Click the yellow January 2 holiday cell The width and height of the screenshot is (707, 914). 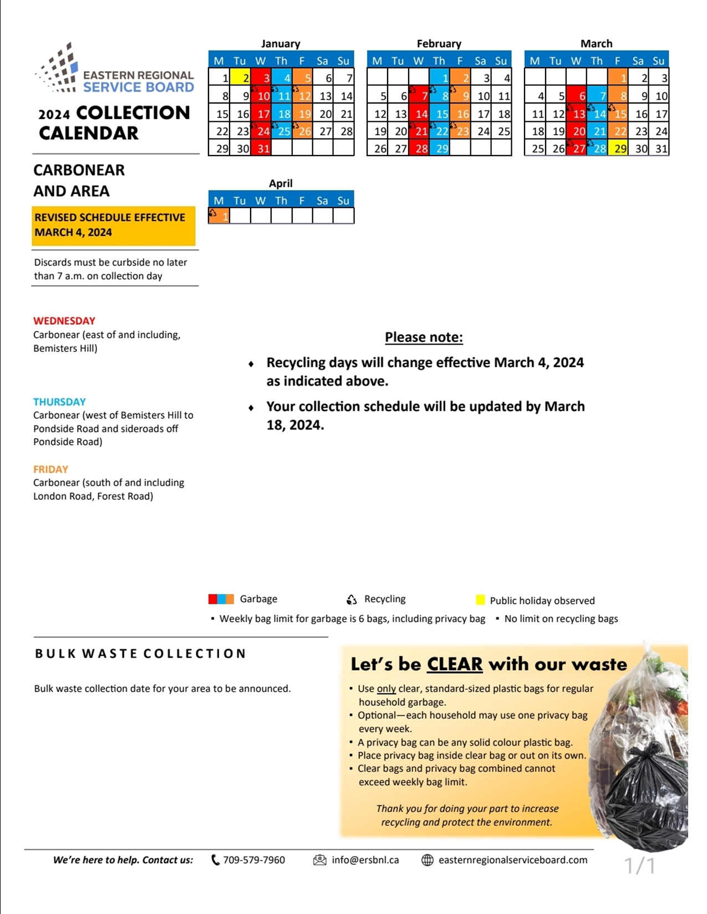pos(240,78)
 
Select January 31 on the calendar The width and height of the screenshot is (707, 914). pos(261,148)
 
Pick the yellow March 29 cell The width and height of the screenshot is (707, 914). pos(618,148)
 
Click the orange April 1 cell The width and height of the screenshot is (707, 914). pos(219,216)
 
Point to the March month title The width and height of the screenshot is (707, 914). pos(596,44)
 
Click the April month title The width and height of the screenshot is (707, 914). pos(281,183)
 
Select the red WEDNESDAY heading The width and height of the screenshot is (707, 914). pos(64,321)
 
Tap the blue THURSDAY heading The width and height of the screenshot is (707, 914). pos(59,402)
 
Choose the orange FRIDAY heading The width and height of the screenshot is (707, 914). pos(50,469)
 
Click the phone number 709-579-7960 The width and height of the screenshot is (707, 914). pos(254,860)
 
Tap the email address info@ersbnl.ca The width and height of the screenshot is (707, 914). pos(365,860)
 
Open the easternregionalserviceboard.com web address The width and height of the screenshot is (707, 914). pos(512,860)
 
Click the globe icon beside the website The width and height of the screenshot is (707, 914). pos(428,860)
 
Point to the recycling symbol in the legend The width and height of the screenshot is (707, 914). pos(352,599)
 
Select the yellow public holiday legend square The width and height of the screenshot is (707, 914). pos(480,600)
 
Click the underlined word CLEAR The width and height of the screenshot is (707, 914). pos(455,664)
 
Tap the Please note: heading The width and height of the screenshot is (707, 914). pos(424,337)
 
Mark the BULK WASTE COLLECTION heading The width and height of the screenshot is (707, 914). pos(140,654)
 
